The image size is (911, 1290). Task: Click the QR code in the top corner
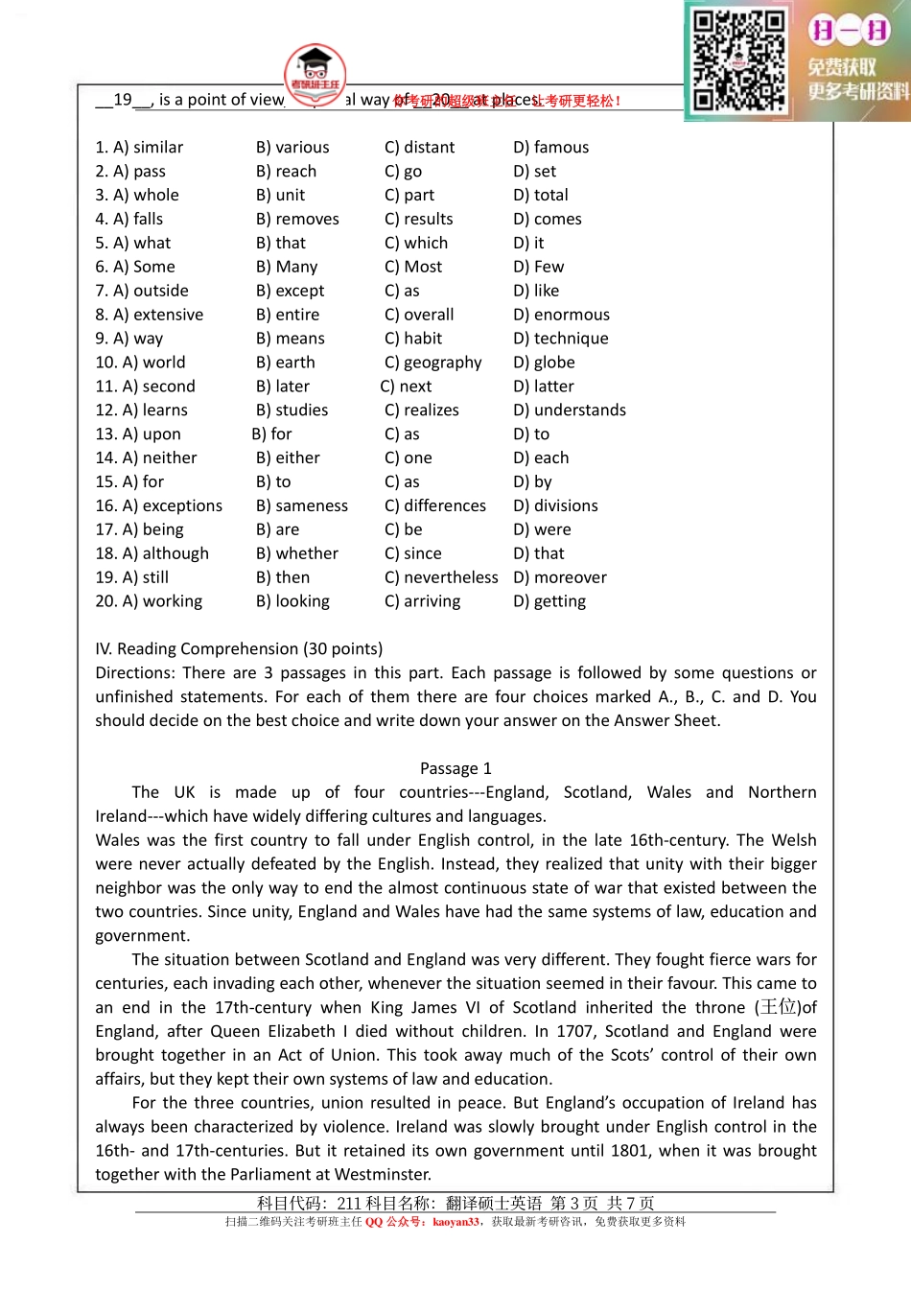coord(739,59)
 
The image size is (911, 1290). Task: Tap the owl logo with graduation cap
coord(315,73)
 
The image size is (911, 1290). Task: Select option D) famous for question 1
coord(550,147)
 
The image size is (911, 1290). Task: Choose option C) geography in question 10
coord(432,363)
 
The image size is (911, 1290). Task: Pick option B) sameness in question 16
coord(301,505)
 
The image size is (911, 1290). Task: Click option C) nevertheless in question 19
coord(441,577)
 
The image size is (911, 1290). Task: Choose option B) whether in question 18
coord(296,553)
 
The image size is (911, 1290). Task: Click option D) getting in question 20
coord(549,601)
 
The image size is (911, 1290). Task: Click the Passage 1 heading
coord(455,768)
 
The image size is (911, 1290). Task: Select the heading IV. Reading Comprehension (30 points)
coord(239,648)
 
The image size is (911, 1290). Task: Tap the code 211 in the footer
coord(348,1203)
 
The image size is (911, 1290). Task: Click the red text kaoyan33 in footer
coord(455,1221)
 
